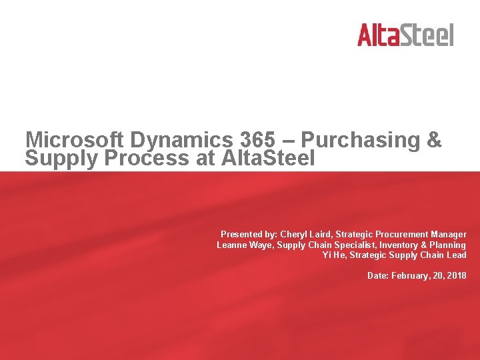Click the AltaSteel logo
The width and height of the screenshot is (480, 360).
pyautogui.click(x=405, y=35)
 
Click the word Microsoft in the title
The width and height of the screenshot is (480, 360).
pyautogui.click(x=75, y=140)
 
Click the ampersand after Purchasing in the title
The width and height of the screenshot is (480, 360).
pyautogui.click(x=433, y=140)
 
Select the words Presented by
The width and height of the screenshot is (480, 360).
pyautogui.click(x=249, y=235)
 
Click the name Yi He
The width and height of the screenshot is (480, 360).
pyautogui.click(x=333, y=255)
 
